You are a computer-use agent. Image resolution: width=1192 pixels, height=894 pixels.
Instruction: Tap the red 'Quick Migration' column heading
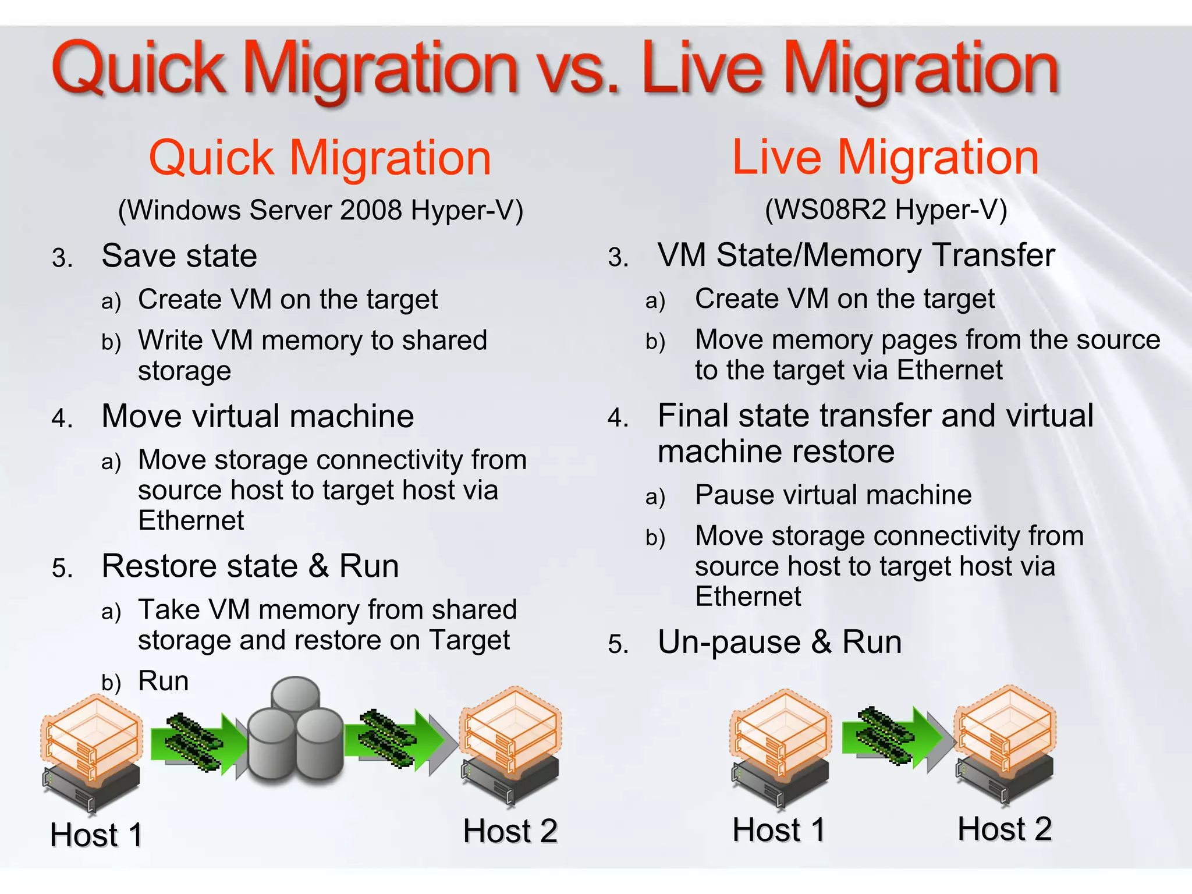[320, 158]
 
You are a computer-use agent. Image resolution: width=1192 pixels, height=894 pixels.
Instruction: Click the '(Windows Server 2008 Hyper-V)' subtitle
[321, 210]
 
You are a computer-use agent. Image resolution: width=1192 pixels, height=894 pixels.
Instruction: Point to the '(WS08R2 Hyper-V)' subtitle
[885, 210]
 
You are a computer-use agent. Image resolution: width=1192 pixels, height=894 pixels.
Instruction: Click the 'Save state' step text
[179, 256]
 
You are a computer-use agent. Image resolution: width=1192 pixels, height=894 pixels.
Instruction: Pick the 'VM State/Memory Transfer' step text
[856, 255]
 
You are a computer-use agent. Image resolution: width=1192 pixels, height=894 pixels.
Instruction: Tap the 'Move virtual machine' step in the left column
[257, 416]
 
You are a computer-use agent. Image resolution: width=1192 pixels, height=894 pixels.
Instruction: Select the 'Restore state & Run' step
[250, 566]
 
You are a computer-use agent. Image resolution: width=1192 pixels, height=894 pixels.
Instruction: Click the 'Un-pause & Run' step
[779, 643]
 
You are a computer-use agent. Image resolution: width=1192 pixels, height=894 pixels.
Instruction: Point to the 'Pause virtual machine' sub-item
[833, 495]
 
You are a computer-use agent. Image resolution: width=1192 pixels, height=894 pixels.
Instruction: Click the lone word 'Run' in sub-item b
[164, 680]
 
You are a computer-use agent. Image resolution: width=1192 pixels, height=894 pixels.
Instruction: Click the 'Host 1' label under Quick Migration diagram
[96, 835]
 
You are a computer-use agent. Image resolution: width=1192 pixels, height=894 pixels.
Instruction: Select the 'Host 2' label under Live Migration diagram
[1005, 829]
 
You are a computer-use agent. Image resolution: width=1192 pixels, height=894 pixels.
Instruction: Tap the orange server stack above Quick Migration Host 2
[510, 730]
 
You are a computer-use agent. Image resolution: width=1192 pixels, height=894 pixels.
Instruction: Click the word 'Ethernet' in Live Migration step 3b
[949, 370]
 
